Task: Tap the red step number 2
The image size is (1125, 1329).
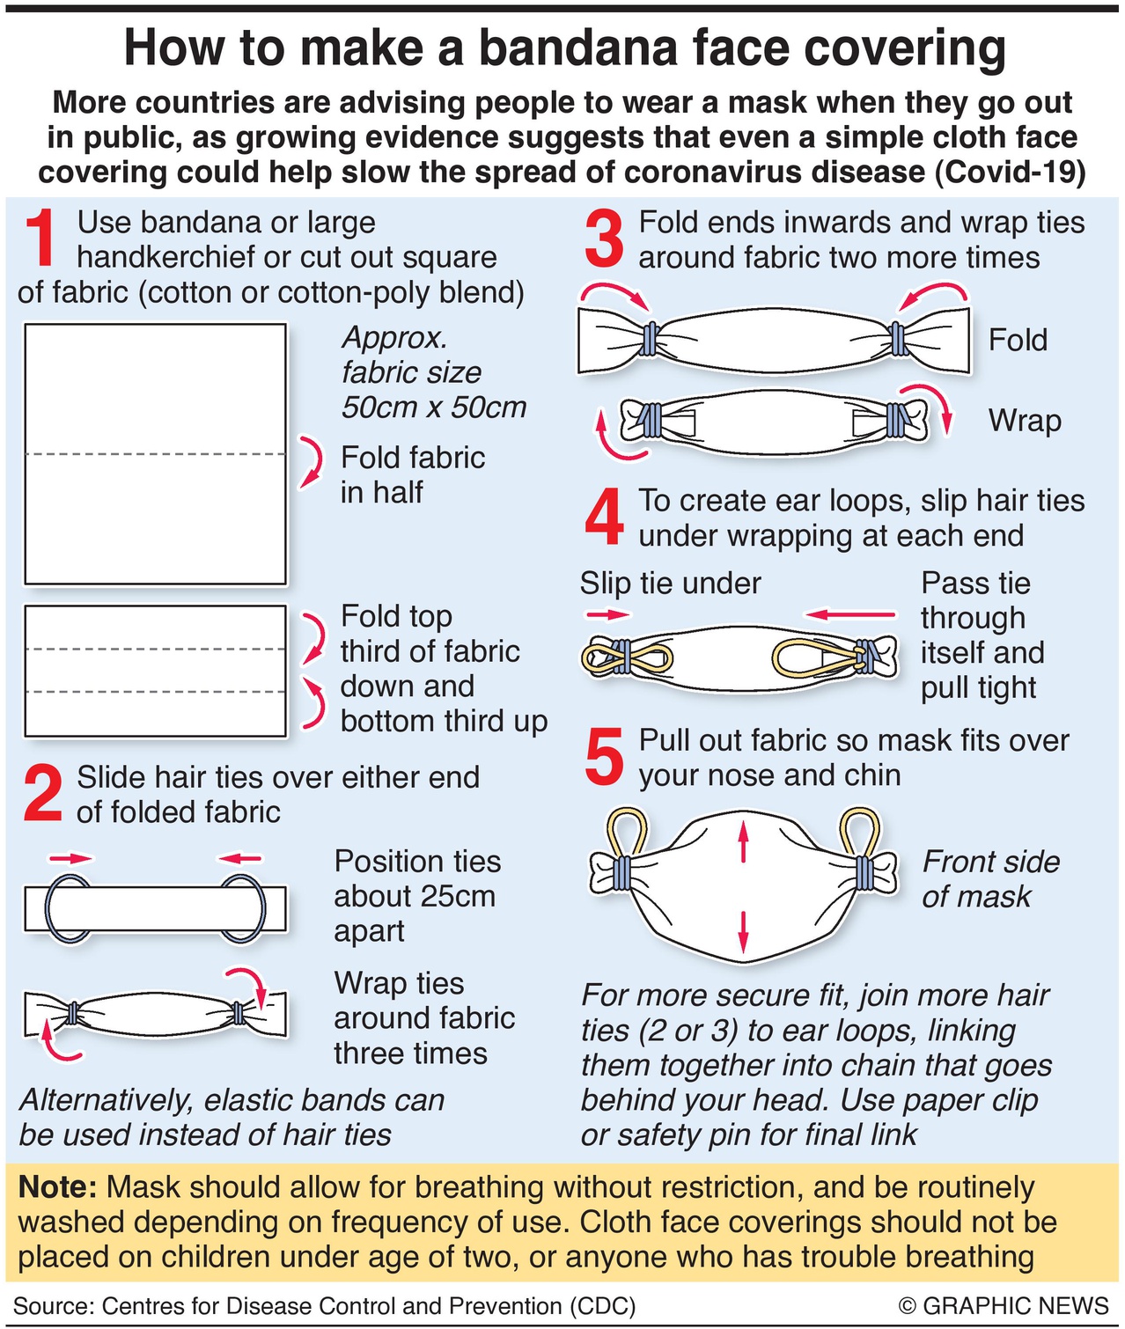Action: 43,794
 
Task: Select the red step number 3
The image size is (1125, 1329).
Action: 604,239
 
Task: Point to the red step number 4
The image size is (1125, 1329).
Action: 604,518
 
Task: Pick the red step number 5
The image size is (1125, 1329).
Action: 604,758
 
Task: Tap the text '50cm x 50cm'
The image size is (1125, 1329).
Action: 433,407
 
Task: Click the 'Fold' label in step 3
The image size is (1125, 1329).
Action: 1018,340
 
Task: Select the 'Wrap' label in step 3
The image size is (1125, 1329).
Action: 1025,421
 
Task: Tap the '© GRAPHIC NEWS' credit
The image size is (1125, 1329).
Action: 1004,1305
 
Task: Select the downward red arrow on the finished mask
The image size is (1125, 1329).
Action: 744,932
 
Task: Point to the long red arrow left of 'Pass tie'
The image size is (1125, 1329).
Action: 849,615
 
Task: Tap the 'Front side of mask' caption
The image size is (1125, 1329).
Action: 990,879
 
